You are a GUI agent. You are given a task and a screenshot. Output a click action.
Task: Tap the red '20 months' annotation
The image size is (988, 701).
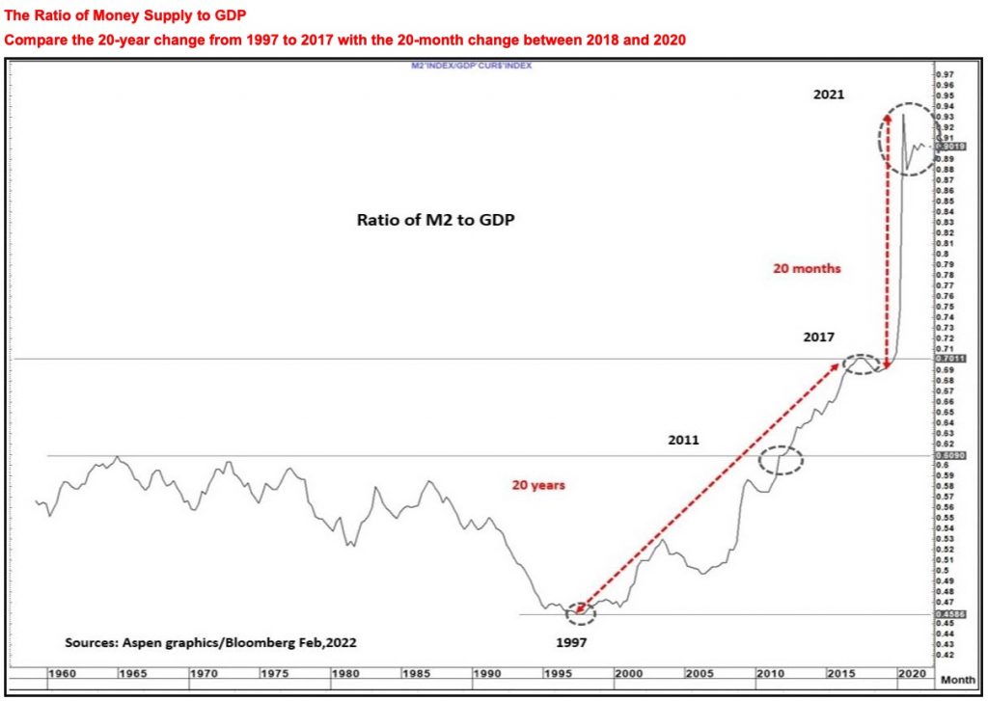point(807,269)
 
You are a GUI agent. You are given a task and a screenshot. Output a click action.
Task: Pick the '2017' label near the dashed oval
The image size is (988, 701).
point(819,337)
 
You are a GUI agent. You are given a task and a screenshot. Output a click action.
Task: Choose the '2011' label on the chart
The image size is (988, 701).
point(684,439)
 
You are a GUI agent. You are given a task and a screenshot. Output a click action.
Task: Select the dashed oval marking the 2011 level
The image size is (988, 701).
point(781,461)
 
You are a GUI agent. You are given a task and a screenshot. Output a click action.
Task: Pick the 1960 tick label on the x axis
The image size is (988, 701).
point(61,673)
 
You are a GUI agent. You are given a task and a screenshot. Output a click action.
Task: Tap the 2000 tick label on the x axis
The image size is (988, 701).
point(628,673)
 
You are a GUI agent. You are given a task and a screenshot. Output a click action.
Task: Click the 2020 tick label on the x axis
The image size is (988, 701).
point(908,673)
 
